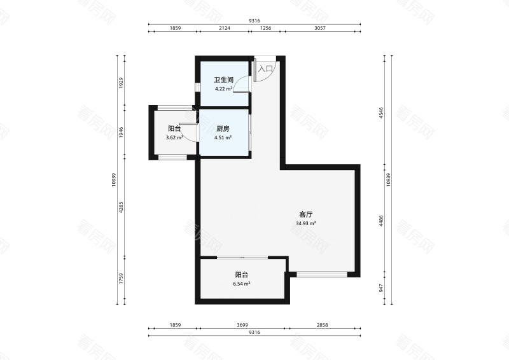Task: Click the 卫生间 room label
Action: coord(223,80)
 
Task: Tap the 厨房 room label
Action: coord(223,128)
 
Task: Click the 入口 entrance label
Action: coord(265,68)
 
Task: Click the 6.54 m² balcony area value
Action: coord(241,284)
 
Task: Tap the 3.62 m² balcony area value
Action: coord(174,137)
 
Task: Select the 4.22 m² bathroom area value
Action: coord(223,89)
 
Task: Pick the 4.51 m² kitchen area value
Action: coord(223,137)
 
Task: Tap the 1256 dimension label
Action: coord(266,29)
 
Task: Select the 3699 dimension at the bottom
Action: coord(242,325)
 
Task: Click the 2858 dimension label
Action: coord(322,325)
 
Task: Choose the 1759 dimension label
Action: coord(122,280)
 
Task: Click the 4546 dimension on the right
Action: coord(381,113)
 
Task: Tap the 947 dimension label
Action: coord(381,287)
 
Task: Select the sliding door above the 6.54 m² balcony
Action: coord(242,257)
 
